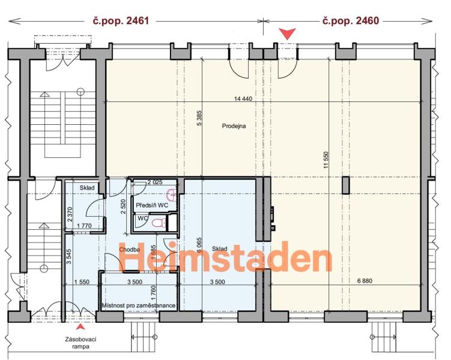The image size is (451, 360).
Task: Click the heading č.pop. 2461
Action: point(121,20)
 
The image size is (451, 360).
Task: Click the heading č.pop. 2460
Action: point(351,20)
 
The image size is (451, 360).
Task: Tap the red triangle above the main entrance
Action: point(288,34)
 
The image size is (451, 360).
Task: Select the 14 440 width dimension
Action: point(243,99)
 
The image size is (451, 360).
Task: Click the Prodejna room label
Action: point(234,126)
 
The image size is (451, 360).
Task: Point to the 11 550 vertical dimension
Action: point(325,160)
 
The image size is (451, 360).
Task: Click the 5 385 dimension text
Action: point(199,118)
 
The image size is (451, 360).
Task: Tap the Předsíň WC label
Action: point(152,205)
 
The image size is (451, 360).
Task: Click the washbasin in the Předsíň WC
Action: point(171,196)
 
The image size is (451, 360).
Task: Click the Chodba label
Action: point(130,250)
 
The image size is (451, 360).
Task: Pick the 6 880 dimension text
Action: point(365,281)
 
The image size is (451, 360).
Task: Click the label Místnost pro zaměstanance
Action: point(139,305)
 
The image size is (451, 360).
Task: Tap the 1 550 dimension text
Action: point(82,282)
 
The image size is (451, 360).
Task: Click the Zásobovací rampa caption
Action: point(80,343)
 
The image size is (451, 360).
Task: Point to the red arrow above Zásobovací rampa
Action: point(81,326)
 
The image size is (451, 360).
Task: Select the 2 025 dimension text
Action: point(155,182)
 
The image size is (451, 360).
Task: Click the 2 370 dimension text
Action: point(69,214)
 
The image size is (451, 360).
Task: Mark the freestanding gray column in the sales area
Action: point(346,185)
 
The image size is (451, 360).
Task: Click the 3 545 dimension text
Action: point(68,257)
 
